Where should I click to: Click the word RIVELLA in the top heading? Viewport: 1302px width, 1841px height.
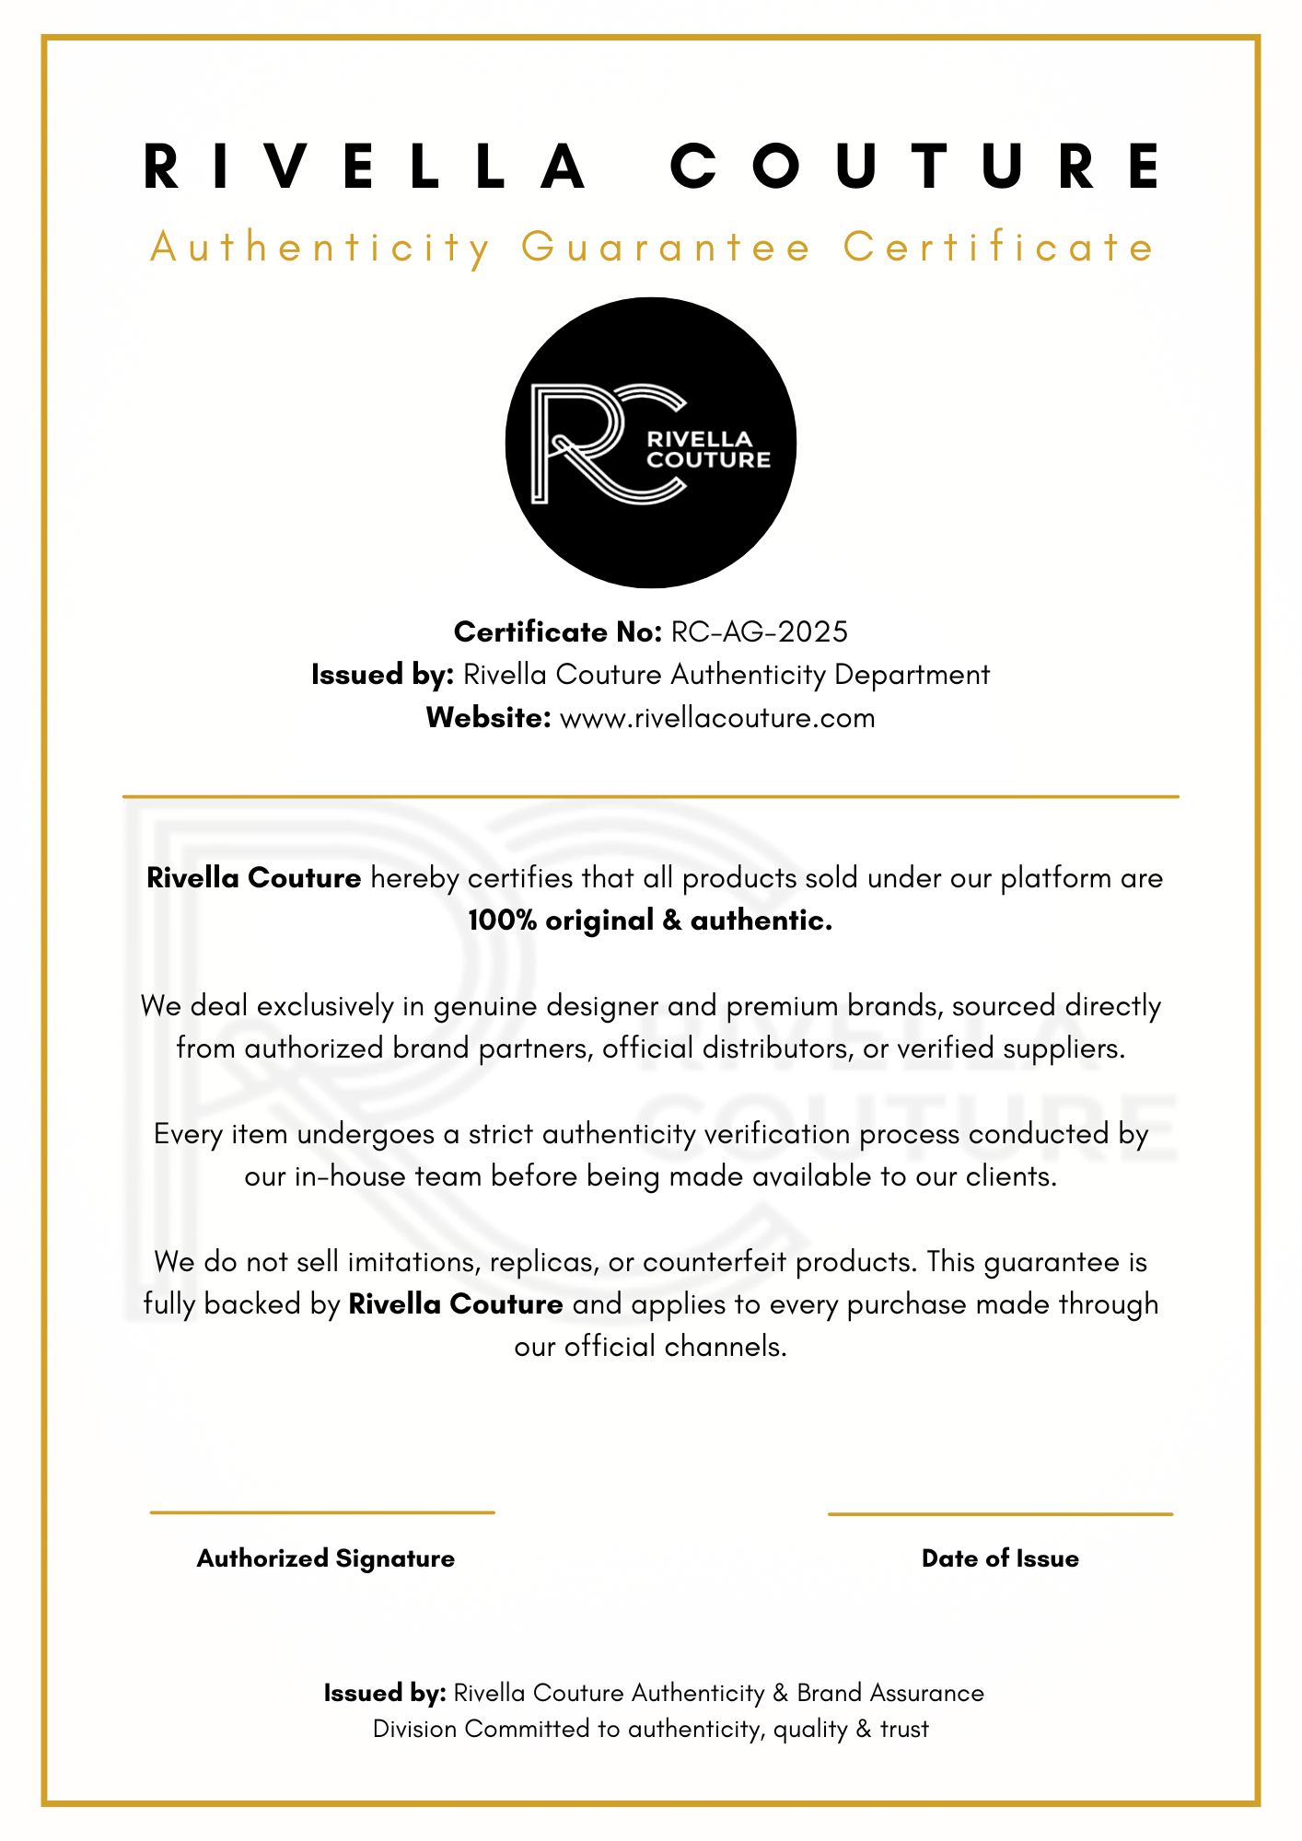click(x=366, y=167)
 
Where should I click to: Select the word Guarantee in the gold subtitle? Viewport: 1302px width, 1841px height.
click(x=666, y=248)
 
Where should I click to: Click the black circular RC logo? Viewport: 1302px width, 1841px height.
click(x=650, y=443)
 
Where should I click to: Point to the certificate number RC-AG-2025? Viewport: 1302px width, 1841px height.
click(x=760, y=632)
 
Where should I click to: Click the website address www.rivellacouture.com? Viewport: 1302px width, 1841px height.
click(x=717, y=718)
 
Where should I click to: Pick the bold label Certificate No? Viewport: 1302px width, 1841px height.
click(x=558, y=632)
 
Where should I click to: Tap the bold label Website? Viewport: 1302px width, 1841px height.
click(x=488, y=718)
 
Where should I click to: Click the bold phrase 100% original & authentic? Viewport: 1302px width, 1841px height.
click(x=650, y=920)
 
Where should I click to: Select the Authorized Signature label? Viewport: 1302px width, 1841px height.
click(x=326, y=1558)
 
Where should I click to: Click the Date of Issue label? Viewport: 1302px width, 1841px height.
click(x=1000, y=1558)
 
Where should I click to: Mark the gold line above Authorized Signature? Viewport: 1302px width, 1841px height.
click(x=322, y=1512)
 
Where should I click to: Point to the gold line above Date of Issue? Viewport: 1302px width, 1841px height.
click(x=1000, y=1513)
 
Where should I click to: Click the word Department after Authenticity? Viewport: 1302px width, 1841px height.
click(x=912, y=675)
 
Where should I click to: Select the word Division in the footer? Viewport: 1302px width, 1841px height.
click(x=414, y=1729)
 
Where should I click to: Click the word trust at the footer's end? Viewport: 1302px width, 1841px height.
click(x=904, y=1729)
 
